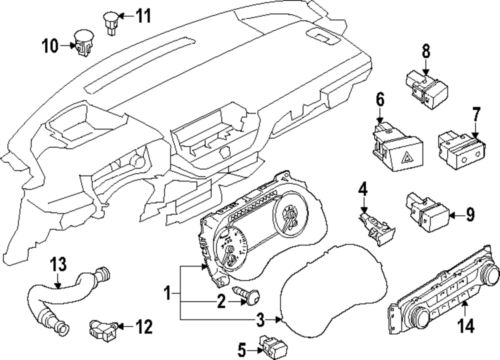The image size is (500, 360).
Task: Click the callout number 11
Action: pyautogui.click(x=143, y=15)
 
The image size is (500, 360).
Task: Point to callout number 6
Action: pyautogui.click(x=379, y=101)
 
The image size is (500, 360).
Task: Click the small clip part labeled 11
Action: pyautogui.click(x=109, y=17)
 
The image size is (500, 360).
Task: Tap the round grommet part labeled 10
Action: pyautogui.click(x=81, y=43)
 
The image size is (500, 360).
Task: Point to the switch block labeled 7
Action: pyautogui.click(x=462, y=148)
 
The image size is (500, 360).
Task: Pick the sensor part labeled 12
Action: pyautogui.click(x=103, y=325)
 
